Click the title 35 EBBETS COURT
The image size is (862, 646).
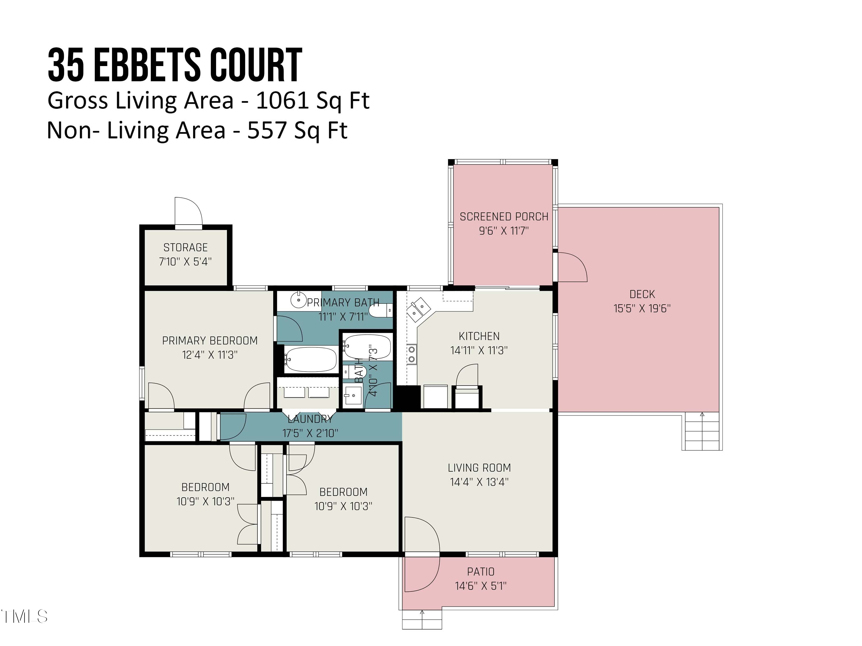coord(175,65)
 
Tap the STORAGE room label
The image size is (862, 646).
coord(186,248)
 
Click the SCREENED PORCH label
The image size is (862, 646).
coord(504,216)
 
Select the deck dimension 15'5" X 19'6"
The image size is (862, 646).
coord(642,308)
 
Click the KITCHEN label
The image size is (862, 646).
coord(479,336)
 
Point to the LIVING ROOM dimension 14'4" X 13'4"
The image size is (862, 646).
coord(479,482)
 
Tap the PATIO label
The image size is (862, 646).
coord(480,572)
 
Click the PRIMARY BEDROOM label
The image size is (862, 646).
coord(210,341)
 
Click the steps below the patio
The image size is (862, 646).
coord(422,619)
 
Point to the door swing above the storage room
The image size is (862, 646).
coord(188,211)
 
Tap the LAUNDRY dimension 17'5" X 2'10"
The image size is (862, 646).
coord(310,433)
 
